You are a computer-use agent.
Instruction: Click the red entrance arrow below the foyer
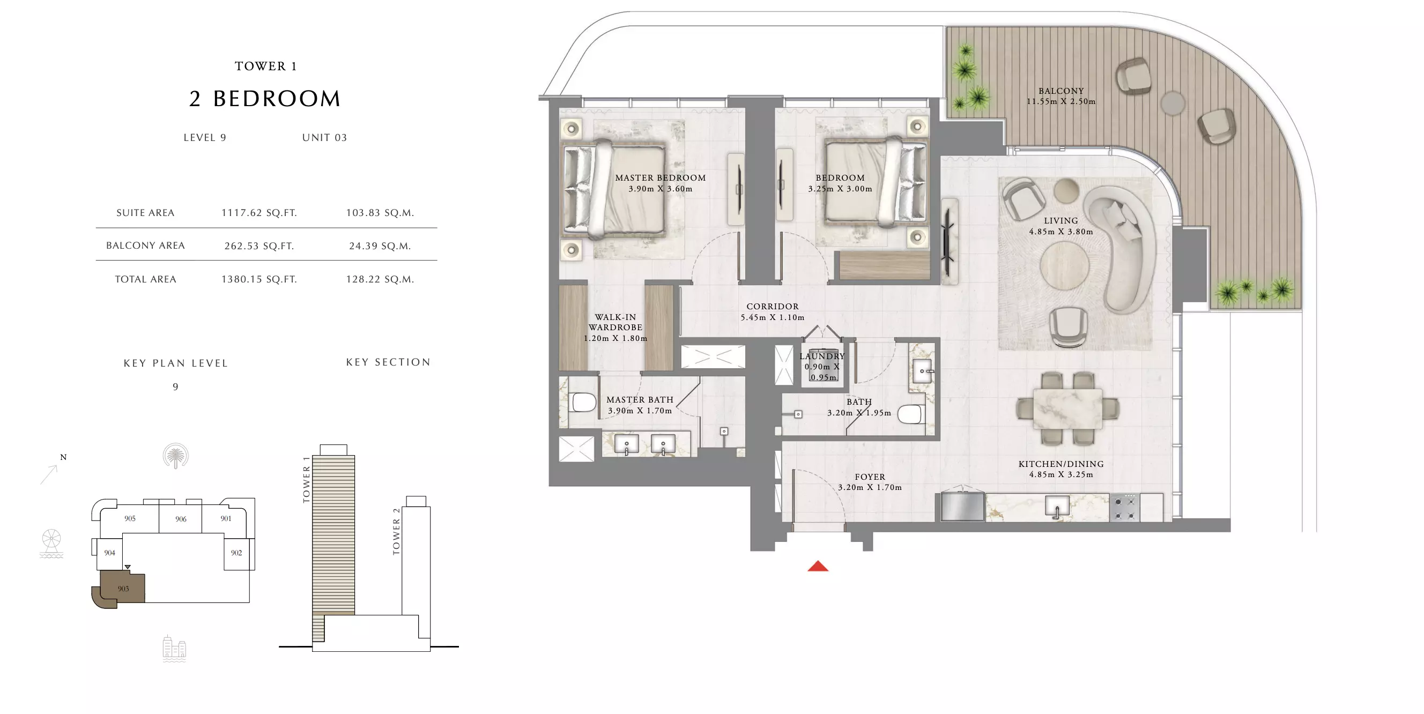click(818, 566)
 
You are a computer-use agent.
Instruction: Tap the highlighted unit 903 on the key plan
click(123, 589)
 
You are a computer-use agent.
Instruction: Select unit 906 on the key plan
click(181, 519)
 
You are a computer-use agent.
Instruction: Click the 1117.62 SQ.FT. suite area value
click(259, 213)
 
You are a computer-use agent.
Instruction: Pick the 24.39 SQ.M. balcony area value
click(380, 246)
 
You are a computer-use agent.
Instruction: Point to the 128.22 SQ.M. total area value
click(380, 279)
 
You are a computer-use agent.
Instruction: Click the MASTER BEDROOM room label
click(661, 178)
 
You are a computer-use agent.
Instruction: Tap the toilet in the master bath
click(583, 402)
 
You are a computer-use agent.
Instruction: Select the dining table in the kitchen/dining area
click(1067, 408)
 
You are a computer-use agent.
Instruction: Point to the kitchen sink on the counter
click(1057, 506)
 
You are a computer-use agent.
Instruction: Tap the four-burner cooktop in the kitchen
click(1124, 507)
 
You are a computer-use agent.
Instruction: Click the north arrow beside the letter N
click(49, 475)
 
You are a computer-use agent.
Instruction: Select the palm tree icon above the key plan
click(176, 456)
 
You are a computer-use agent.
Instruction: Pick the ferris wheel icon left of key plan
click(51, 543)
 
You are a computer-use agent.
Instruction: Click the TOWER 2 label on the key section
click(396, 532)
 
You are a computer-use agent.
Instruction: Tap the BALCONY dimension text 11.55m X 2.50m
click(1061, 102)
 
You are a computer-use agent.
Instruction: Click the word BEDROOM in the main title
click(277, 99)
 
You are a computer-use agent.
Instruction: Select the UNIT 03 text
click(324, 138)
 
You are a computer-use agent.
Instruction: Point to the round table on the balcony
click(1173, 103)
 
